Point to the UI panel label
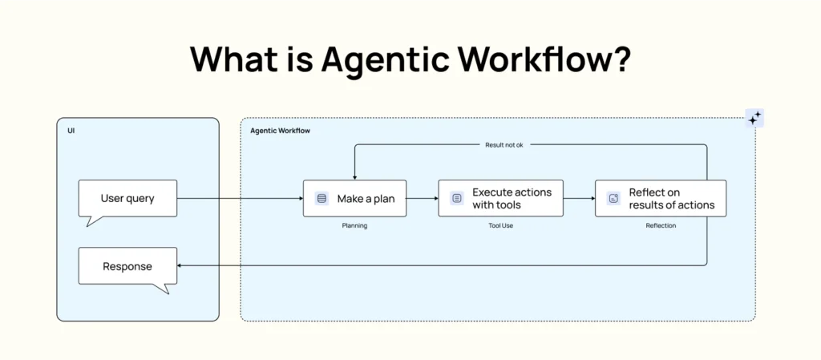point(71,131)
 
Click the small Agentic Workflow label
point(280,131)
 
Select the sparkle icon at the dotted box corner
point(754,118)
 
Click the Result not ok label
point(504,145)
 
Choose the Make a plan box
point(354,198)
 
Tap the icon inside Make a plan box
point(322,198)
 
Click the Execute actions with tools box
point(500,198)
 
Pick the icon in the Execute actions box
point(457,198)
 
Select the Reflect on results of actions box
point(661,198)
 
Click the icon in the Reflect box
point(613,198)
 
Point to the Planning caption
point(354,226)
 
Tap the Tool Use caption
point(500,226)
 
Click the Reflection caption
point(661,226)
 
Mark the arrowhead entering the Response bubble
point(180,266)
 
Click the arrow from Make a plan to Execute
point(422,198)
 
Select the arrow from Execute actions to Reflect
point(579,198)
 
